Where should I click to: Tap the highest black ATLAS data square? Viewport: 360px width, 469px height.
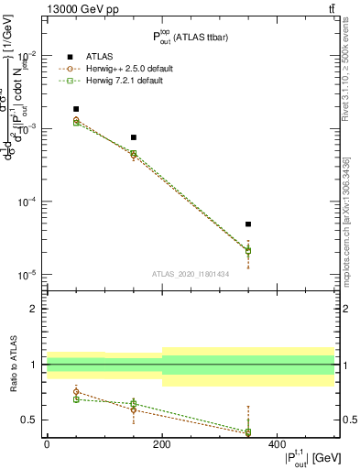click(x=76, y=109)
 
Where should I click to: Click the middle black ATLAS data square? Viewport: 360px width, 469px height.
click(x=134, y=137)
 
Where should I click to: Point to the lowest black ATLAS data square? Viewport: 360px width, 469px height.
click(x=248, y=224)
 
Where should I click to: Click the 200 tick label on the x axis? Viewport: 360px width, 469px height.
click(x=161, y=444)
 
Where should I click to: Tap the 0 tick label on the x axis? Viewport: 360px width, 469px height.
click(x=47, y=444)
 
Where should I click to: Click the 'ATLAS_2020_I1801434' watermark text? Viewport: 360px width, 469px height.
click(x=191, y=274)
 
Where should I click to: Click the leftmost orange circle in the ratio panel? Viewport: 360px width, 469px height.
click(x=76, y=391)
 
